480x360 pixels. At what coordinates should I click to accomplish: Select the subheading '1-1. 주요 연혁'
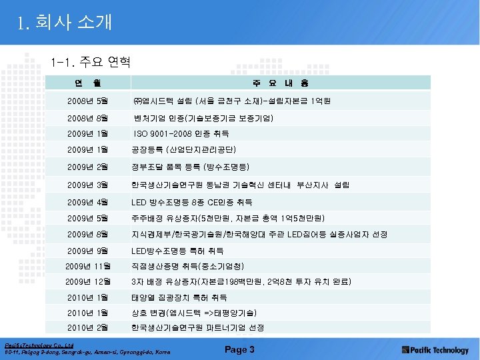coord(89,63)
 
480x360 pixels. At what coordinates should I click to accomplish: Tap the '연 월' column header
coord(88,83)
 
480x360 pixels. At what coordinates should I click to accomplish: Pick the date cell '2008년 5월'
coord(87,101)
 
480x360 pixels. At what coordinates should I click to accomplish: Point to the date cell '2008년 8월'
coord(87,118)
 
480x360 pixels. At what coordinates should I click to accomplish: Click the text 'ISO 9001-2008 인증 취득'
coord(181,134)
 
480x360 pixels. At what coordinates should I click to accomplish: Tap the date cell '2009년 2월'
coord(87,167)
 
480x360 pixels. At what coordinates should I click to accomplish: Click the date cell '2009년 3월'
coord(87,184)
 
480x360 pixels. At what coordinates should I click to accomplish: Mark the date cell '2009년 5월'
coord(87,217)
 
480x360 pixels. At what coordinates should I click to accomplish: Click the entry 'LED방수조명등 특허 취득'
coord(177,251)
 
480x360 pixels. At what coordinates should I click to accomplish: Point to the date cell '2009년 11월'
coord(88,267)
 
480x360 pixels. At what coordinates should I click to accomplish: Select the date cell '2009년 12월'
coord(88,281)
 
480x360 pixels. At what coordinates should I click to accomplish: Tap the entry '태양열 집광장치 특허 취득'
coord(179,297)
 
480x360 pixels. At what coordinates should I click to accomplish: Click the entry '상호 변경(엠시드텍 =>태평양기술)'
coord(194,313)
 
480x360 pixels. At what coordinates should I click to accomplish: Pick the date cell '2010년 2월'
coord(87,327)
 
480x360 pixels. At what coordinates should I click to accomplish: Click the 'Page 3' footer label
coord(239,350)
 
